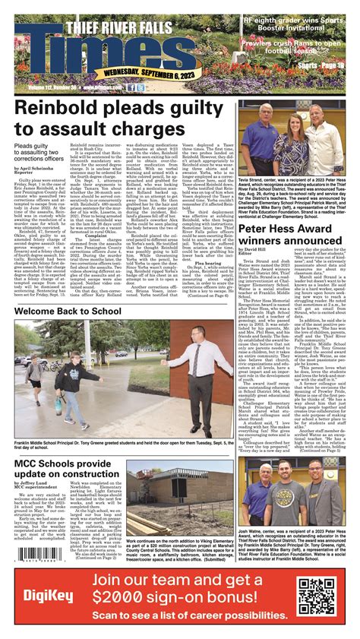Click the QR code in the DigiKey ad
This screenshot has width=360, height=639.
pyautogui.click(x=317, y=596)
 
